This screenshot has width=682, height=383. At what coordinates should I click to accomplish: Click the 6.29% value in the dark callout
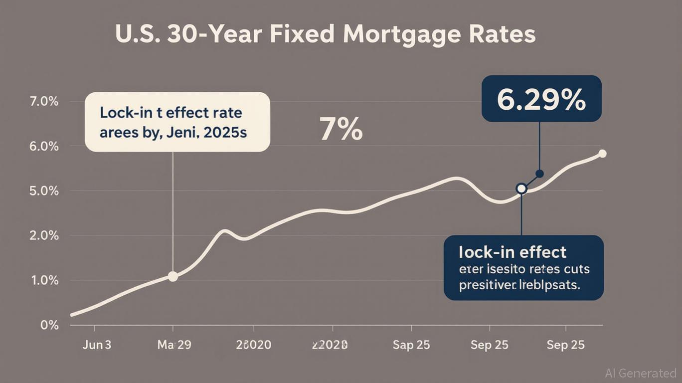541,102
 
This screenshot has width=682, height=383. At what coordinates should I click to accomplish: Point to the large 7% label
341,129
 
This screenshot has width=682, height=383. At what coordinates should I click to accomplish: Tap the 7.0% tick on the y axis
45,102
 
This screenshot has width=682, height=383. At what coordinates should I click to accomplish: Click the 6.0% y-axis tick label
45,147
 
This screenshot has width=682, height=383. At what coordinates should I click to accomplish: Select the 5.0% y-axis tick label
45,191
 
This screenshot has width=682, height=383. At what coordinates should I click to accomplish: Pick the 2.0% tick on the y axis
45,236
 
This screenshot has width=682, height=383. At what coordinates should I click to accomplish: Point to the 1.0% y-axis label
45,280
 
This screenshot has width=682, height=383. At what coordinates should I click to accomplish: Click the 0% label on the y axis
50,325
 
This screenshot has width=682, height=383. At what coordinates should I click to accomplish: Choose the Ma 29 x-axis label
174,345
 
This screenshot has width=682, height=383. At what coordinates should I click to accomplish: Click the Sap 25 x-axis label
411,345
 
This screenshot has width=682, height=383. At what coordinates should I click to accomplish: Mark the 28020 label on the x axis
254,345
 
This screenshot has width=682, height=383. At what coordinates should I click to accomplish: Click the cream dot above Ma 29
173,276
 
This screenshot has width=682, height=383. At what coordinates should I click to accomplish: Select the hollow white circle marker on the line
521,189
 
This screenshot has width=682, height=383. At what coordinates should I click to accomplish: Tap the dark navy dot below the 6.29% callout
539,174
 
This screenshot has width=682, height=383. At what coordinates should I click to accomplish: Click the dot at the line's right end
602,154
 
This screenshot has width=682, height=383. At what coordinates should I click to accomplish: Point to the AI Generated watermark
640,373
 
